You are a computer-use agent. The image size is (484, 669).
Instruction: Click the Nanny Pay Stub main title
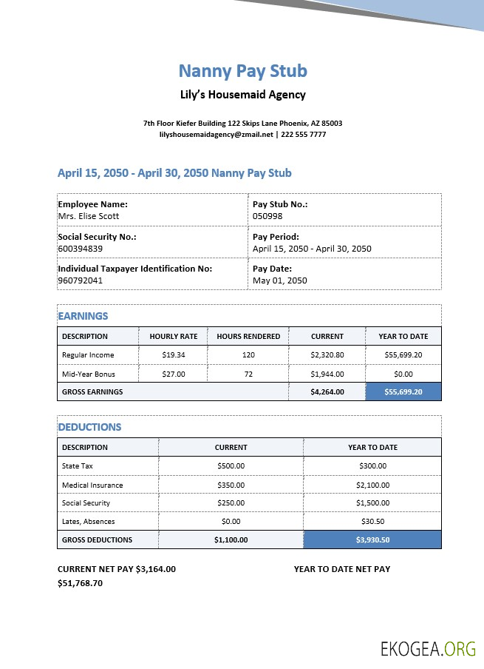click(242, 71)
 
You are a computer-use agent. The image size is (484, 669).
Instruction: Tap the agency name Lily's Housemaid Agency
click(242, 95)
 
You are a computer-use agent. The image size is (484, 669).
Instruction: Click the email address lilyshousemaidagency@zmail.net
click(216, 135)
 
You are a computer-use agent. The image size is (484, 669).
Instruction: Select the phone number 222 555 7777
click(303, 135)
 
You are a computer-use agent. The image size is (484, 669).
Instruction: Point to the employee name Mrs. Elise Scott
click(88, 216)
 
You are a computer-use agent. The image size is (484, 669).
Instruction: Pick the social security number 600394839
click(82, 249)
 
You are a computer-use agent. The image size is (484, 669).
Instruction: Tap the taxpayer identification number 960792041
click(82, 280)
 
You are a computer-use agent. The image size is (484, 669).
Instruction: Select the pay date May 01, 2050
click(279, 280)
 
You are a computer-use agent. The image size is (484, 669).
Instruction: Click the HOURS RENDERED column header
click(248, 336)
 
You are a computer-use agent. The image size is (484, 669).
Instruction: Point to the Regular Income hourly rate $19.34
click(173, 355)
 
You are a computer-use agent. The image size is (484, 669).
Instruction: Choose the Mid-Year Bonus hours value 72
click(248, 374)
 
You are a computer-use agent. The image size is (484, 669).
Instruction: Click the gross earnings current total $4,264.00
click(327, 392)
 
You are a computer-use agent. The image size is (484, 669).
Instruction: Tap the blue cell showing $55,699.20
click(403, 392)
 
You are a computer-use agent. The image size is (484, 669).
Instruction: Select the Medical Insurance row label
click(92, 485)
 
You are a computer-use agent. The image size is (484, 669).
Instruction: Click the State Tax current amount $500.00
click(231, 466)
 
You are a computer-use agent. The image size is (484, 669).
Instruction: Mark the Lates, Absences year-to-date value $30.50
click(372, 522)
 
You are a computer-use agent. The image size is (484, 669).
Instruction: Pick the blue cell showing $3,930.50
click(372, 539)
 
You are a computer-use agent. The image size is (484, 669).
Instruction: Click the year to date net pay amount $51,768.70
click(80, 583)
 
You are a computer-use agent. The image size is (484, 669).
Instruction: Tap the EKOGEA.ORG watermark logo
click(428, 650)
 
